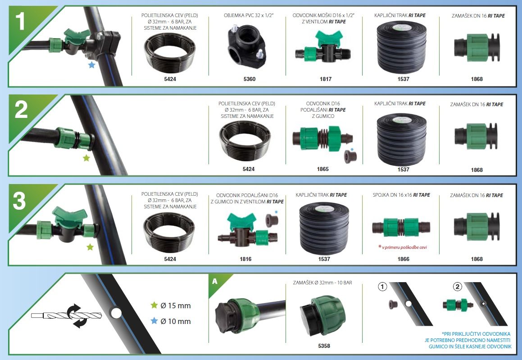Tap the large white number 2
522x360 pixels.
pyautogui.click(x=21, y=110)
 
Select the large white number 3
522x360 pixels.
pyautogui.click(x=19, y=201)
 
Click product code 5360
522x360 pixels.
pyautogui.click(x=250, y=79)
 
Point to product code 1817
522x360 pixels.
pyautogui.click(x=326, y=79)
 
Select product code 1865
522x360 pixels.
pyautogui.click(x=322, y=169)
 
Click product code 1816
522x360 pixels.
pyautogui.click(x=245, y=259)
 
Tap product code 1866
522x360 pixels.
pyautogui.click(x=403, y=259)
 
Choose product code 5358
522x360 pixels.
pyautogui.click(x=324, y=346)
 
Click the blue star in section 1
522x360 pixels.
pyautogui.click(x=91, y=65)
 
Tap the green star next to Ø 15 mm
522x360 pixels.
pyautogui.click(x=154, y=305)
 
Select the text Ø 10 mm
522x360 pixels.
pyautogui.click(x=176, y=321)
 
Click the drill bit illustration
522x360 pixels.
pyautogui.click(x=67, y=315)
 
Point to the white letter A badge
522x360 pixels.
pyautogui.click(x=215, y=281)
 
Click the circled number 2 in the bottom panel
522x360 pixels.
pyautogui.click(x=458, y=287)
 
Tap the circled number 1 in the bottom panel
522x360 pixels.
pyautogui.click(x=382, y=287)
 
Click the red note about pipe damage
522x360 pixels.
pyautogui.click(x=402, y=247)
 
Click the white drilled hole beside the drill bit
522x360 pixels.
pyautogui.click(x=116, y=313)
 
